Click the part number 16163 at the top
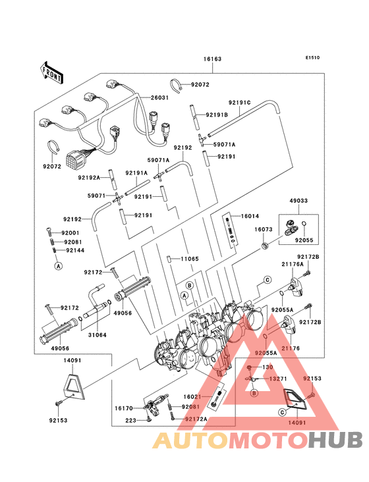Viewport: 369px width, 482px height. pos(212,59)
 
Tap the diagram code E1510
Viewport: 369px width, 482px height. pos(312,57)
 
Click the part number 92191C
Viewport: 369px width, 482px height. pos(240,103)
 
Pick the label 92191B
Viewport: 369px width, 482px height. pos(217,115)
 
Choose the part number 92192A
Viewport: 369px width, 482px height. pos(89,178)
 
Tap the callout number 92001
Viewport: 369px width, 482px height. pos(71,232)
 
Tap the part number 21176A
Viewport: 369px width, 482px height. pos(293,264)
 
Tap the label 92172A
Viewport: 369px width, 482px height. pos(196,419)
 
